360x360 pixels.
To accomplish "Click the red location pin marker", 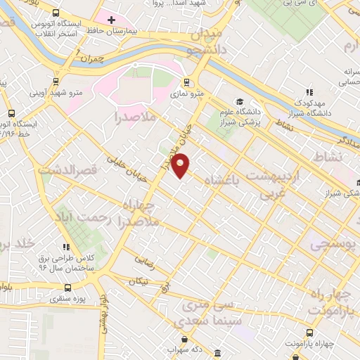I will tap(181, 165).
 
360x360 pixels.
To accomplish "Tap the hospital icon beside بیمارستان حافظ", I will tap(111, 19).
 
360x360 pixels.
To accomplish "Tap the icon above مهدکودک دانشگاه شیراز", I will tap(308, 92).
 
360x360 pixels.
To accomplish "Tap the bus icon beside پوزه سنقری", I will tap(67, 288).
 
